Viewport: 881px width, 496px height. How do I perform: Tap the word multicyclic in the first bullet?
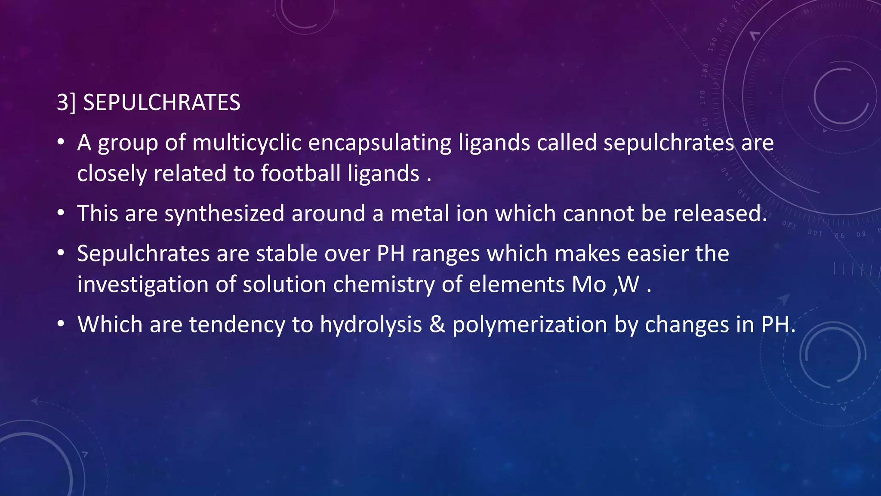pyautogui.click(x=246, y=143)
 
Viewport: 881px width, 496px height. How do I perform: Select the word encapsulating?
pyautogui.click(x=380, y=143)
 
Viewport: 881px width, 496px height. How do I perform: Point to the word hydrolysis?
pyautogui.click(x=371, y=325)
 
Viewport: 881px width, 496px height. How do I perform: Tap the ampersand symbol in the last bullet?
pyautogui.click(x=437, y=325)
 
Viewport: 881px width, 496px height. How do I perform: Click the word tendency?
pyautogui.click(x=237, y=325)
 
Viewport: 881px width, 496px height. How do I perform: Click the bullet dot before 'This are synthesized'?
pyautogui.click(x=61, y=213)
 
